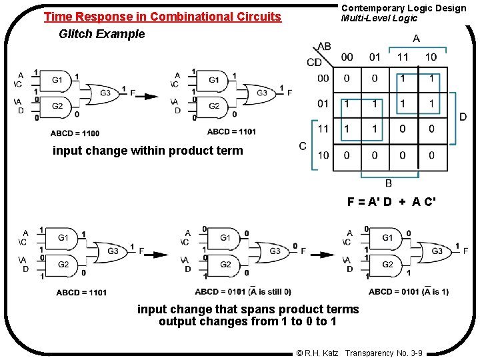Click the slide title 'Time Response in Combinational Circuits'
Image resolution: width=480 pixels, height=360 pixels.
point(162,17)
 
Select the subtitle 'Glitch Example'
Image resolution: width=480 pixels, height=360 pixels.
point(101,34)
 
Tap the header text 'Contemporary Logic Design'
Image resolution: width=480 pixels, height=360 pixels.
point(404,8)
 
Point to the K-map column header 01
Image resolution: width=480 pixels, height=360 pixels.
point(375,57)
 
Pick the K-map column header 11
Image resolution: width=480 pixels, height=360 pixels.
point(403,57)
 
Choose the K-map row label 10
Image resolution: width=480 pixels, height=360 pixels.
point(323,155)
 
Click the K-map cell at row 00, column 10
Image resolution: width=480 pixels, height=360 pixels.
point(431,79)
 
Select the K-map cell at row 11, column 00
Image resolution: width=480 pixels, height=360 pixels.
point(347,128)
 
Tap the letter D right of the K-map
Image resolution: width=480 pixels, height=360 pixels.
point(463,117)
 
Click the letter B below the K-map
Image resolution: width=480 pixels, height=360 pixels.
point(389,183)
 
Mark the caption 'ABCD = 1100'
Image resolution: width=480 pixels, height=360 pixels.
point(75,133)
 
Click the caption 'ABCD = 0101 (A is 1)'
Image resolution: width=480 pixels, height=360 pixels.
point(408,291)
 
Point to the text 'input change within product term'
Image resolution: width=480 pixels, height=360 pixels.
point(148,151)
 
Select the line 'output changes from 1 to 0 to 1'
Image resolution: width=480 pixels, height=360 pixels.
point(247,322)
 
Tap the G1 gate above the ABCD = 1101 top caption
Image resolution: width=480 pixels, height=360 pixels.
point(215,80)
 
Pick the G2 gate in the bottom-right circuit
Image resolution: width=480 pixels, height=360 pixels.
point(388,265)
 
